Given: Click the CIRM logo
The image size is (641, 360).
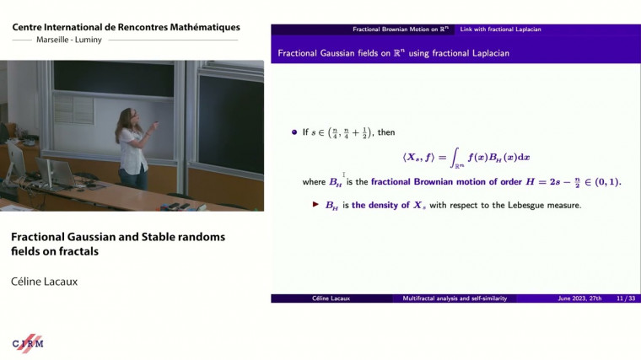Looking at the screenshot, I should point(28,342).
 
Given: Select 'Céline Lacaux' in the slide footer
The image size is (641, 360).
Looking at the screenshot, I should point(331,298).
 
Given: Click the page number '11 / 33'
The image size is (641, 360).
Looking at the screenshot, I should point(626,298).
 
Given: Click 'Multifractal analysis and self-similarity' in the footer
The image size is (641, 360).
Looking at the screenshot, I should point(455,298).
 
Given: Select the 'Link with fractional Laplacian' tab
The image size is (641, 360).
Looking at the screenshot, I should point(501,30).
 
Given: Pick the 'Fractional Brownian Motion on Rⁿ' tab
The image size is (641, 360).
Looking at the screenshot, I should point(401,30).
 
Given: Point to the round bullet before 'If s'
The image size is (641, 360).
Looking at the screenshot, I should point(294,132).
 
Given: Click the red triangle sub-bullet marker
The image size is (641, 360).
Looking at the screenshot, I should point(315,204).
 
